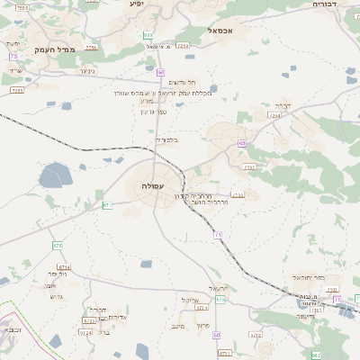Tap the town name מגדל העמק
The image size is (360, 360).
point(52,50)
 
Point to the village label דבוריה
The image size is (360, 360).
point(324,4)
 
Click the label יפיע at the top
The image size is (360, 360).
point(136,4)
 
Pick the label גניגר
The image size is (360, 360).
point(86,71)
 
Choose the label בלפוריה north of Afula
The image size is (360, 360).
point(167,139)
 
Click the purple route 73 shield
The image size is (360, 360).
point(13,56)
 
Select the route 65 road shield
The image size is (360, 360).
point(241,143)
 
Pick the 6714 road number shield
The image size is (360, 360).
point(64,267)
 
